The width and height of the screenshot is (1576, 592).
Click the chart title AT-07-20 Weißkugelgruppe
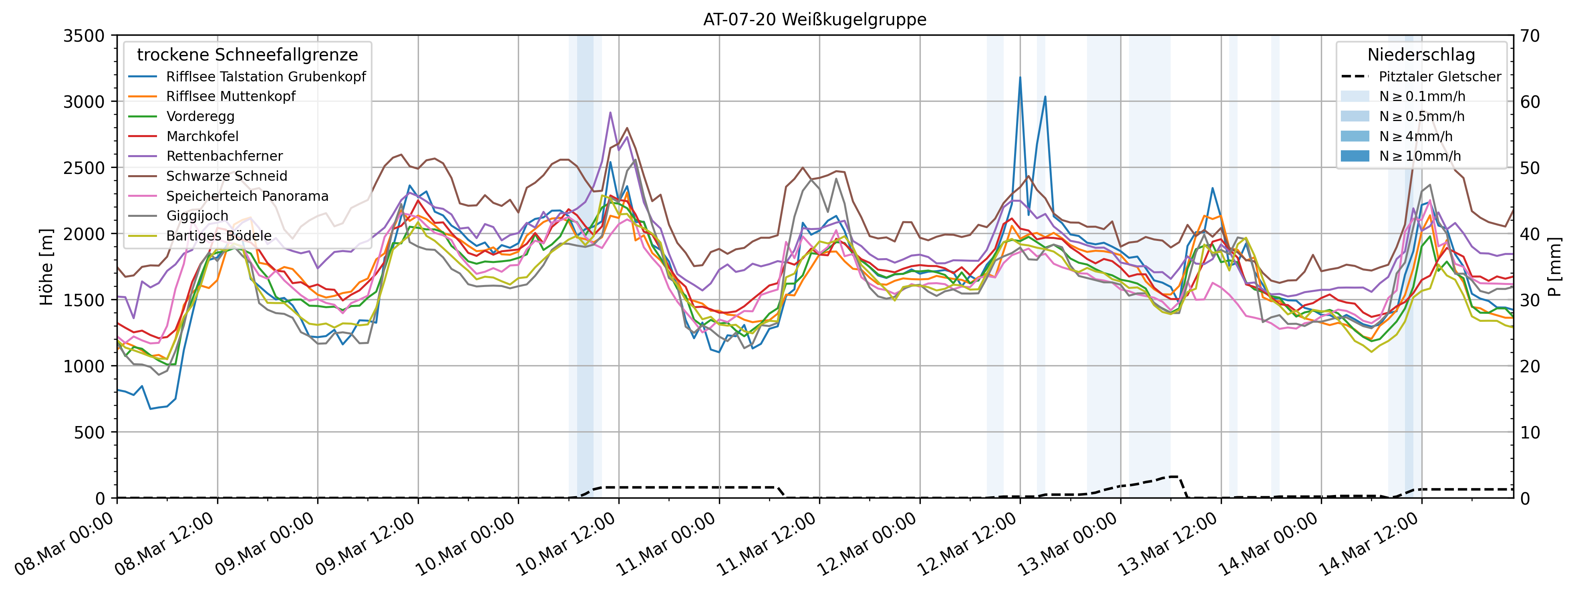(814, 20)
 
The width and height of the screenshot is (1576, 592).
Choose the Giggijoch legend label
(197, 216)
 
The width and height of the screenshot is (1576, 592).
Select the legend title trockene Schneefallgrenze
(247, 55)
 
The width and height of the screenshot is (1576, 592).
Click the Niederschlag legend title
(1421, 55)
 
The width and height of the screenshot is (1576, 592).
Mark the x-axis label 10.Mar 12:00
(566, 545)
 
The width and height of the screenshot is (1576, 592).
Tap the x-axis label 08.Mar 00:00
(64, 545)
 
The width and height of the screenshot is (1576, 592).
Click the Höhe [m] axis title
(46, 267)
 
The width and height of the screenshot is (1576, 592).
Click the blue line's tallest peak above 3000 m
(1020, 78)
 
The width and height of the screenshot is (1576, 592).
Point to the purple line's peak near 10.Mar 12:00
(610, 113)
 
